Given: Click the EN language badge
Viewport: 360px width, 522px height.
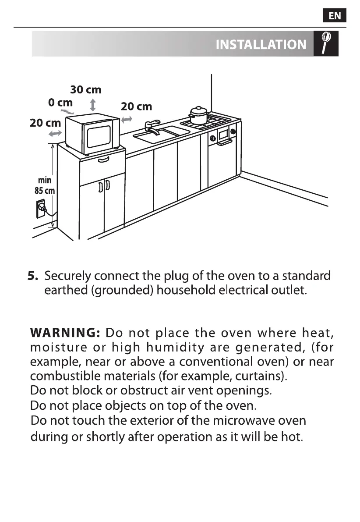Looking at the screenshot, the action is pyautogui.click(x=335, y=16).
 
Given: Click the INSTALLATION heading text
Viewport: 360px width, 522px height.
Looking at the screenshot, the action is pyautogui.click(x=261, y=45).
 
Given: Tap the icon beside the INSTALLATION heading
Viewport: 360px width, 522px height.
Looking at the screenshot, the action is pyautogui.click(x=326, y=43).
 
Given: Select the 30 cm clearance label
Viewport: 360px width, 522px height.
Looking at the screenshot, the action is pyautogui.click(x=86, y=90).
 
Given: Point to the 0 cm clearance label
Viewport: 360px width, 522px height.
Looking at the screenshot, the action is pyautogui.click(x=60, y=103).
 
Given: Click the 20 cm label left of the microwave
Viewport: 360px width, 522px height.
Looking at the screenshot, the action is pyautogui.click(x=45, y=123).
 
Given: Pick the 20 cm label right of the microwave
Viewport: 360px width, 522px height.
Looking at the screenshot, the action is pyautogui.click(x=136, y=107).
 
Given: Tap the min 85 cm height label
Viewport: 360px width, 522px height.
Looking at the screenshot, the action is pyautogui.click(x=44, y=185).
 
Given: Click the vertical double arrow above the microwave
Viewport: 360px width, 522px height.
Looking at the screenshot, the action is pyautogui.click(x=92, y=105).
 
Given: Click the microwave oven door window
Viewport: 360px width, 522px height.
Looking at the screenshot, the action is pyautogui.click(x=99, y=137).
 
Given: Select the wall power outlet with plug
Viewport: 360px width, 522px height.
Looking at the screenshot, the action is pyautogui.click(x=42, y=210).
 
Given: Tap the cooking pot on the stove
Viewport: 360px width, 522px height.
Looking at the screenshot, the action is pyautogui.click(x=198, y=115).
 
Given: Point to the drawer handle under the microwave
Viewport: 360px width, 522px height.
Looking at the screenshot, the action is pyautogui.click(x=103, y=160).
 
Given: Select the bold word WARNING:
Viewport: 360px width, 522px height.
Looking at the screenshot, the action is pyautogui.click(x=65, y=333).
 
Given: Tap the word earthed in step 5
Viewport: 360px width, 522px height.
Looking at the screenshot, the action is pyautogui.click(x=65, y=291).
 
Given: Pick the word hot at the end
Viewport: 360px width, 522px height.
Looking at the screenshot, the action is pyautogui.click(x=293, y=437).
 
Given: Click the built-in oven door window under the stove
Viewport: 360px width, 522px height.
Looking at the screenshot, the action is pyautogui.click(x=223, y=134).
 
